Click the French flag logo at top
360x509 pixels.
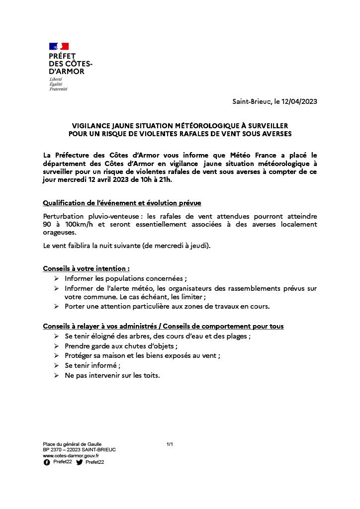pyautogui.click(x=59, y=47)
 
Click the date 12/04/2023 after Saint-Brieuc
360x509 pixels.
pyautogui.click(x=299, y=101)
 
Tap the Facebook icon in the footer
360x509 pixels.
pyautogui.click(x=47, y=462)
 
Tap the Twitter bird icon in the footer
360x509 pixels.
pyautogui.click(x=80, y=462)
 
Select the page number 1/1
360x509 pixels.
pyautogui.click(x=170, y=444)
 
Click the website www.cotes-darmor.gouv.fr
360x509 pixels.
pyautogui.click(x=71, y=455)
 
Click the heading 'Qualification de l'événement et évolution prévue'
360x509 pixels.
pyautogui.click(x=122, y=203)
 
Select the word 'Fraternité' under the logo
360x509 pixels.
pyautogui.click(x=58, y=89)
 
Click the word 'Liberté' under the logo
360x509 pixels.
pyautogui.click(x=56, y=80)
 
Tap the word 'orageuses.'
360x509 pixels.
pyautogui.click(x=60, y=232)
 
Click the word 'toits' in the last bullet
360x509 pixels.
pyautogui.click(x=150, y=375)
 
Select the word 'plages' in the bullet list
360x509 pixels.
pyautogui.click(x=237, y=336)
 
